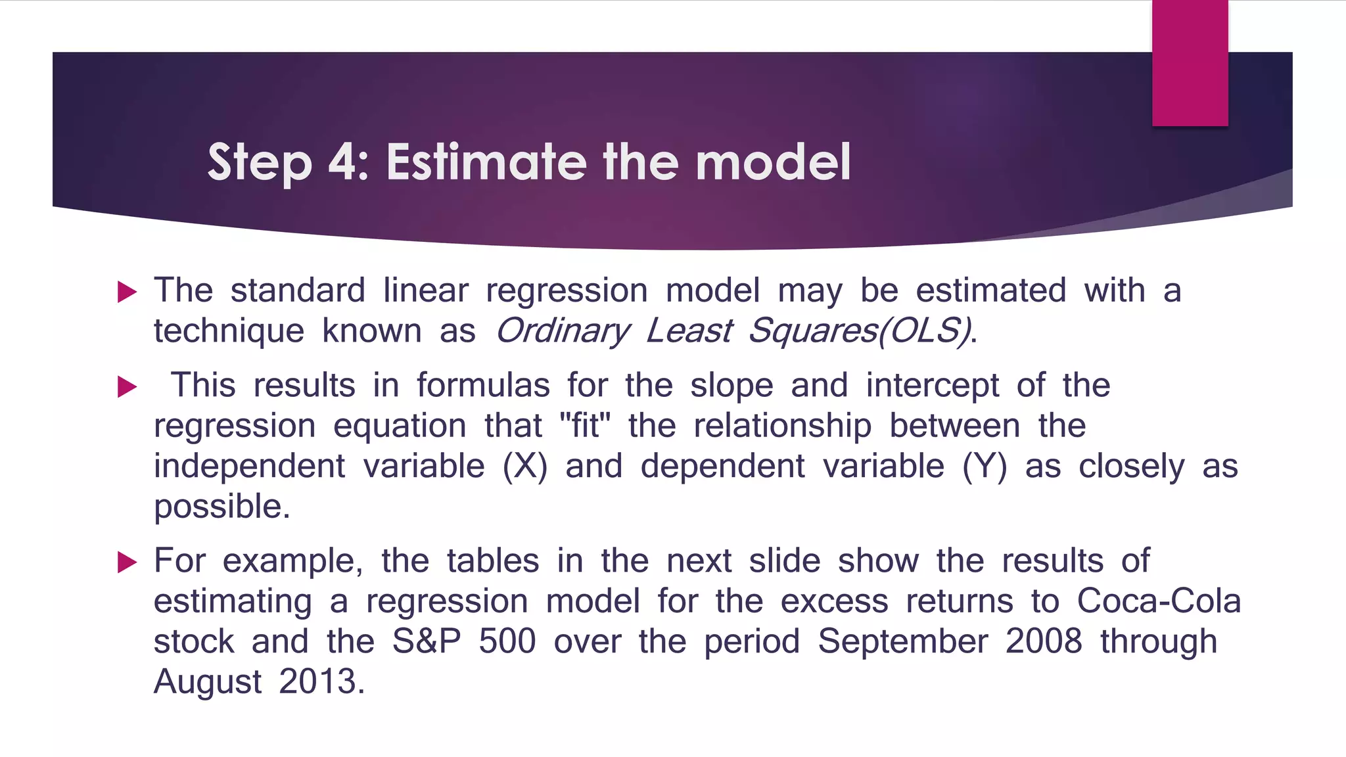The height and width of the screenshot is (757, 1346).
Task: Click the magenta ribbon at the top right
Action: point(1190,63)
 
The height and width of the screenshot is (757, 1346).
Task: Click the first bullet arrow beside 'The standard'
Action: point(127,292)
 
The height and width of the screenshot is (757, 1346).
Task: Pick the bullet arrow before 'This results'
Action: point(127,386)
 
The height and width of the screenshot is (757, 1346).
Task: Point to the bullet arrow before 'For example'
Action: point(127,562)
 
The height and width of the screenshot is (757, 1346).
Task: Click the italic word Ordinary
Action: point(563,331)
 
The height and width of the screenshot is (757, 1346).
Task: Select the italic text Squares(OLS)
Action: point(860,331)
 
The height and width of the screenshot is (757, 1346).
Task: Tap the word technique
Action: point(229,331)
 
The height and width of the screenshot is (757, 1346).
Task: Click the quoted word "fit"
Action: point(585,425)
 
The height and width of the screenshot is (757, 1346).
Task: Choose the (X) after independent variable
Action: point(524,466)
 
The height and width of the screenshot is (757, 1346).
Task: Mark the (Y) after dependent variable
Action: point(984,466)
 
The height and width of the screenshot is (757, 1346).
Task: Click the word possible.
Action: point(221,507)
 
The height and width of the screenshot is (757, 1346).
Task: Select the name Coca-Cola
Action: point(1159,601)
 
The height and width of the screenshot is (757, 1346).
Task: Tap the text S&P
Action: point(427,641)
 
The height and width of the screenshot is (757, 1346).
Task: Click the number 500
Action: point(507,641)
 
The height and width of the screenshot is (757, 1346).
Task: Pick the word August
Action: point(208,681)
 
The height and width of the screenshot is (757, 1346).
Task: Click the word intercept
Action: point(932,386)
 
